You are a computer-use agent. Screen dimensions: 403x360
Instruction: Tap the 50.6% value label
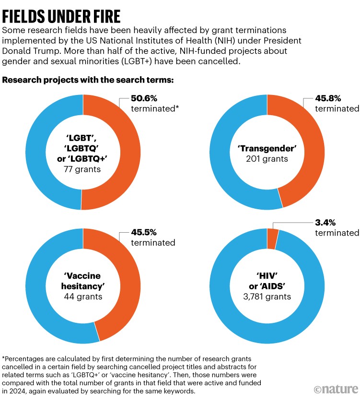146,99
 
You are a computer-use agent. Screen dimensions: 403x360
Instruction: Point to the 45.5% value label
146,233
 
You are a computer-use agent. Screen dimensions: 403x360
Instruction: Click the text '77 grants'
83,169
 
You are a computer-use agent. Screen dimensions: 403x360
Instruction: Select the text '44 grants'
83,296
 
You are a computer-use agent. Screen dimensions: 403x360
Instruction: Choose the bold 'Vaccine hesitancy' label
83,280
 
